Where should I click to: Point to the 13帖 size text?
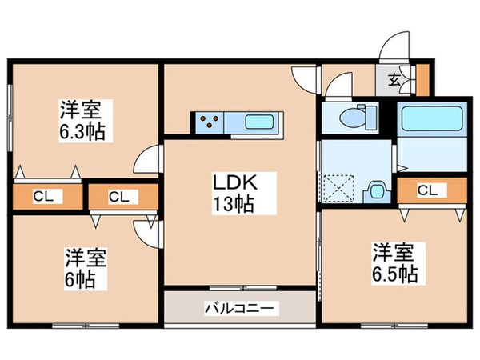click(x=233, y=205)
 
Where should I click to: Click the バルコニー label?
click(x=240, y=306)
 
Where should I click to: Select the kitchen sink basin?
click(x=260, y=123)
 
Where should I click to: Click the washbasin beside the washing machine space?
click(x=375, y=191)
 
